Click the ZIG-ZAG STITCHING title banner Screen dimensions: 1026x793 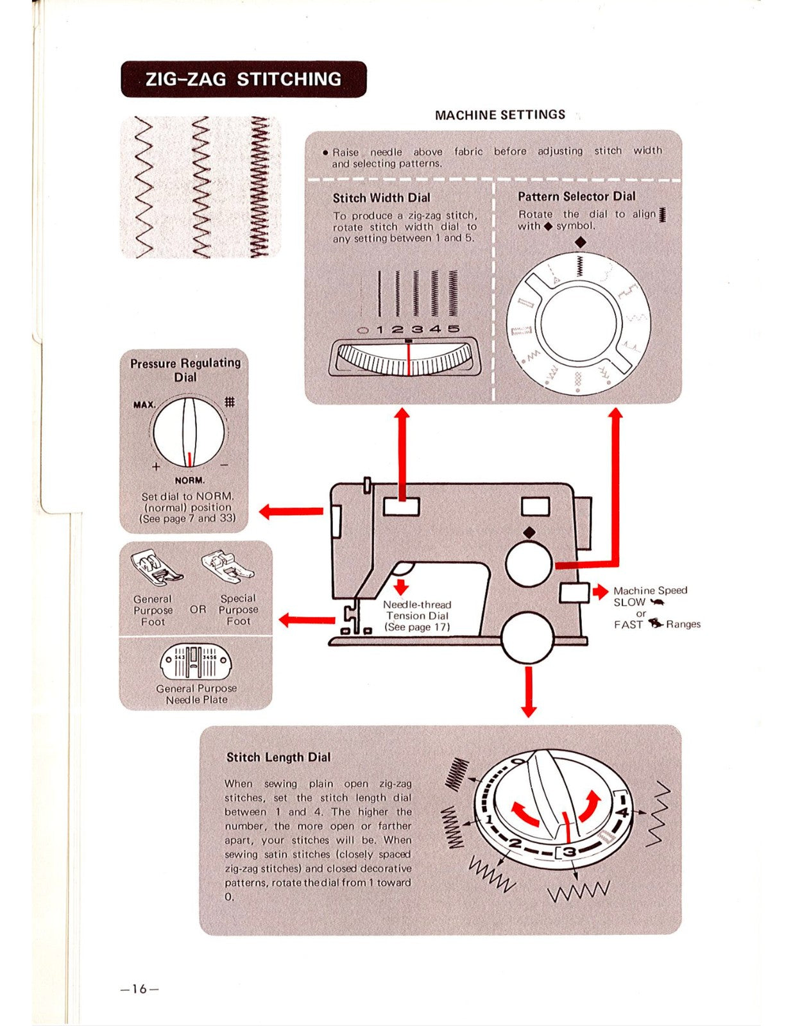click(243, 79)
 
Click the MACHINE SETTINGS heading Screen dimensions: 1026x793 click(500, 115)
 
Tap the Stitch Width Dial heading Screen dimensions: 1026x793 click(381, 198)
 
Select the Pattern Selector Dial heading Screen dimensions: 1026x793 click(576, 196)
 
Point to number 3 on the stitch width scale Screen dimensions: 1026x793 click(417, 329)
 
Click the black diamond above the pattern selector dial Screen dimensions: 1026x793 click(580, 242)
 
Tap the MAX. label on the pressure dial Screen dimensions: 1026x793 click(144, 405)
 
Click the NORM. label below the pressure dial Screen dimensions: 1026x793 click(189, 480)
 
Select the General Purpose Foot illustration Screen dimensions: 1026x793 click(156, 568)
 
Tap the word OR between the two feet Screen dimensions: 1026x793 click(198, 609)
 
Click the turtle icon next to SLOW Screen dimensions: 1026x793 click(658, 602)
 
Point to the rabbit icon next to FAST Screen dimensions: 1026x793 click(655, 623)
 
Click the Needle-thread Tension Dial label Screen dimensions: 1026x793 click(417, 616)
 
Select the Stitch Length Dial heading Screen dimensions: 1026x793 click(278, 757)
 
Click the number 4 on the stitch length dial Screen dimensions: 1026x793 click(621, 812)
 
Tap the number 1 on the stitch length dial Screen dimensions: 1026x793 click(489, 820)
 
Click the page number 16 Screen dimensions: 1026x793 click(139, 989)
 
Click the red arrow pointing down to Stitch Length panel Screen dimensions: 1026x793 click(528, 693)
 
